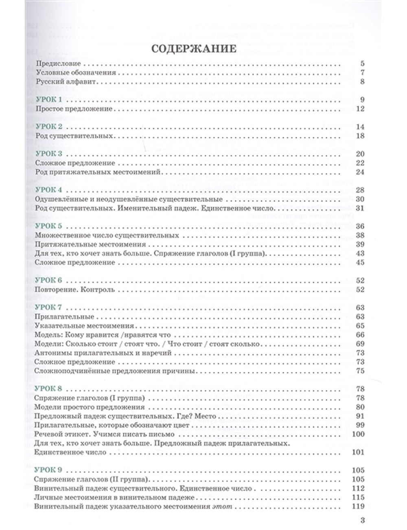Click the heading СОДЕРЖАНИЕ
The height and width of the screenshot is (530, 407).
193,49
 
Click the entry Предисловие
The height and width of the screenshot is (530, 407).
58,64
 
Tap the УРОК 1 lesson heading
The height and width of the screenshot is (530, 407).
49,100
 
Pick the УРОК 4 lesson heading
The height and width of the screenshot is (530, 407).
49,190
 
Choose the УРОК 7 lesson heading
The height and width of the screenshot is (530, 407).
49,307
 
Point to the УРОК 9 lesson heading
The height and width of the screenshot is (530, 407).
49,470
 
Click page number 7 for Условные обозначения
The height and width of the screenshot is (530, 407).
362,73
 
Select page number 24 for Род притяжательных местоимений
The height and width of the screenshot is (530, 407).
359,172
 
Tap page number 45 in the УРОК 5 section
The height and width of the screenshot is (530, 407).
359,263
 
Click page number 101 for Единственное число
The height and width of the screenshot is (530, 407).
358,452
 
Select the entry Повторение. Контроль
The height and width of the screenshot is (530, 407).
75,290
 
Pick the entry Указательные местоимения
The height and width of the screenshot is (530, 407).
85,326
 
